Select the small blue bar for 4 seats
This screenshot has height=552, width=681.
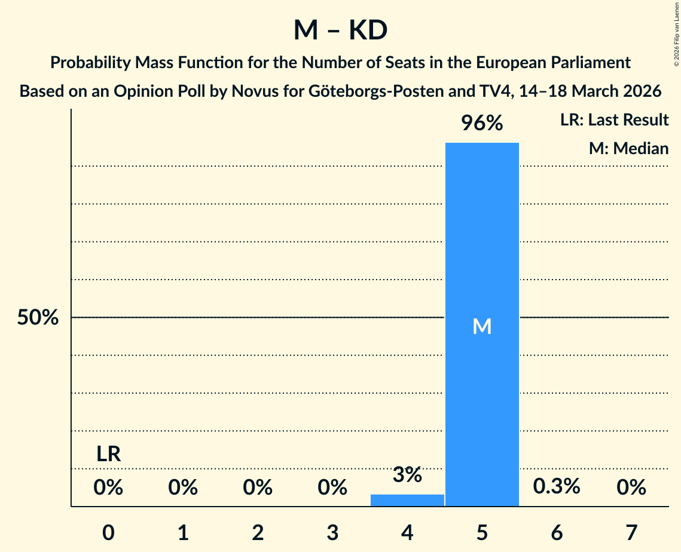tap(407, 500)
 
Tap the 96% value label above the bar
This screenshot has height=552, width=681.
tap(482, 123)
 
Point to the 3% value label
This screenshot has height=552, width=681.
tap(407, 476)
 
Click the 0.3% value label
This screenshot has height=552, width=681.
tap(557, 486)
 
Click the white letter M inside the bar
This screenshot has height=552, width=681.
tap(482, 326)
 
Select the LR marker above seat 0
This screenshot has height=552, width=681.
tap(109, 455)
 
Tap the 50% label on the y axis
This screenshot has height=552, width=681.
tap(38, 318)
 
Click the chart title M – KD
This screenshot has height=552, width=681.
tap(340, 30)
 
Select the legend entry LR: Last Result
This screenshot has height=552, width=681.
tap(614, 120)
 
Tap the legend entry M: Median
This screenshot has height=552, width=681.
tap(628, 148)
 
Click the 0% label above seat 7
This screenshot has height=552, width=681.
tap(631, 487)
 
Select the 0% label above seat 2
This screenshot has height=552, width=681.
tap(258, 487)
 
